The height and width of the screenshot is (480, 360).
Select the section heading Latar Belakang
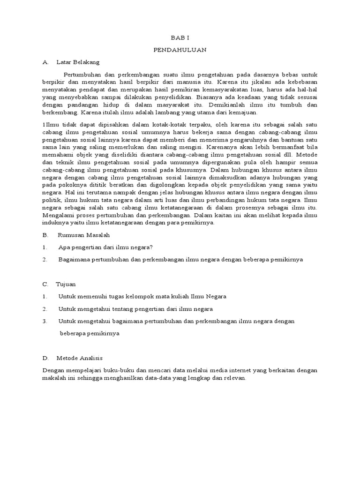click(78, 61)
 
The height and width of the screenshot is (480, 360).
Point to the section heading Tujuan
click(66, 284)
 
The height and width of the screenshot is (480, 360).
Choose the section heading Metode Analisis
click(82, 358)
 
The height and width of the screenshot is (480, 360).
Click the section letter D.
click(45, 358)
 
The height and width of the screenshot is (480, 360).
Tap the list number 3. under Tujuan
click(45, 321)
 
